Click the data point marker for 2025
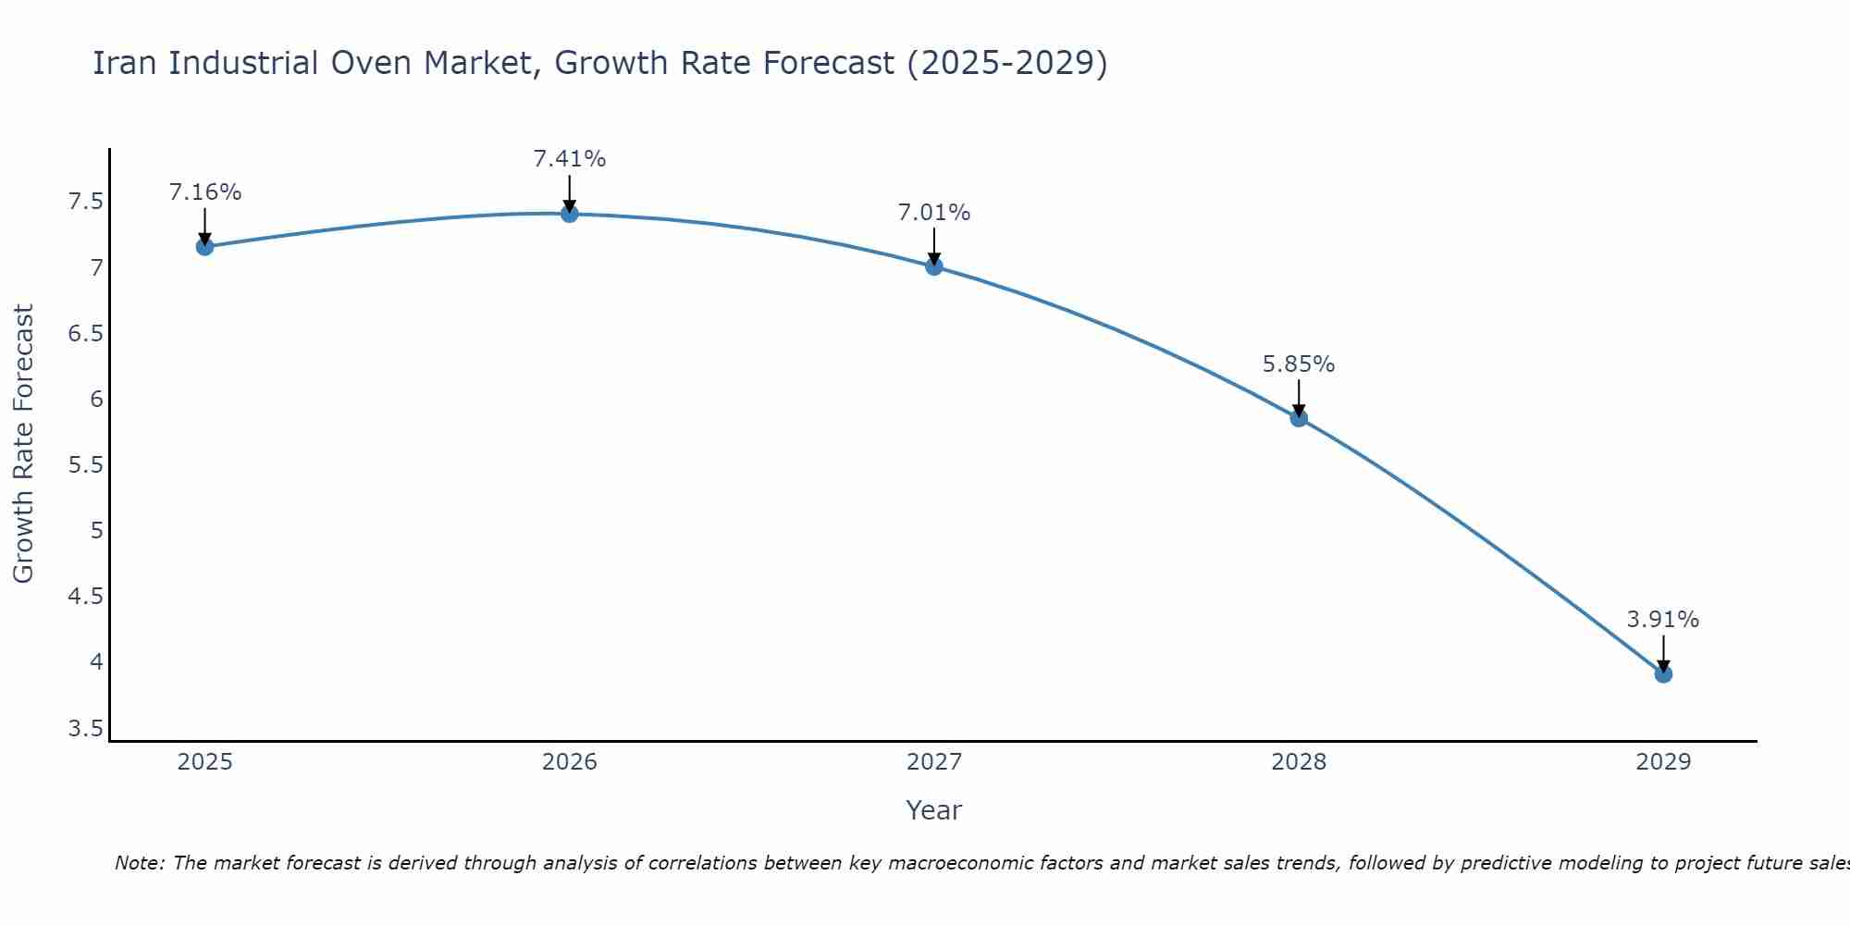204,246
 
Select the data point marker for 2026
570,214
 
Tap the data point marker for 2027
934,266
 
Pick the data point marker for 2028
1299,418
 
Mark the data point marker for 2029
1663,674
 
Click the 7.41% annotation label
570,159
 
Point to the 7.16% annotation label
204,192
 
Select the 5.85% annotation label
1299,364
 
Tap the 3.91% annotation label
1663,620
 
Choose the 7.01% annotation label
934,213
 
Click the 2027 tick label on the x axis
934,762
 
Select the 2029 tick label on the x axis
1663,762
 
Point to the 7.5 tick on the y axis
85,202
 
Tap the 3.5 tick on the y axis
85,729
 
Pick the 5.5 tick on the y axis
85,465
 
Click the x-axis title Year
934,810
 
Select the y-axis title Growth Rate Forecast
23,444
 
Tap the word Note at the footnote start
139,863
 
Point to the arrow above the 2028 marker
1299,398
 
